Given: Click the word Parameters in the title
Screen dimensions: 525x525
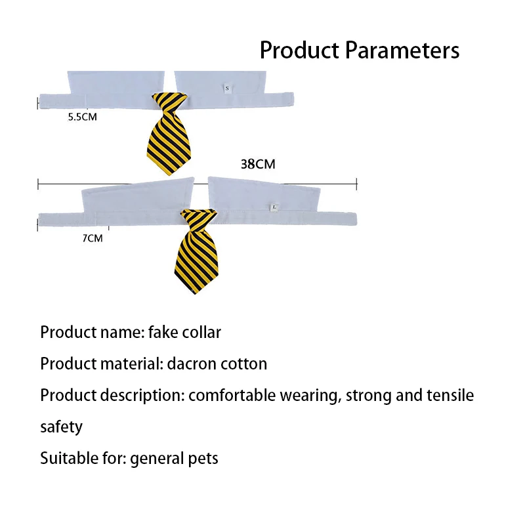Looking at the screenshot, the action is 402,51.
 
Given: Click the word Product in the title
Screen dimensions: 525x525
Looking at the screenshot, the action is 300,51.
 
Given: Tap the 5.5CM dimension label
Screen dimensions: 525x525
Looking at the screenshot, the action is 83,117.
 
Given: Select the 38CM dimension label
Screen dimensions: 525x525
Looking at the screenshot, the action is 258,164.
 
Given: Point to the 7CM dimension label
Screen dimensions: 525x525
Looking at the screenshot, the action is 93,238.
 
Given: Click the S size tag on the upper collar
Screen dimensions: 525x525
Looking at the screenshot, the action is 227,89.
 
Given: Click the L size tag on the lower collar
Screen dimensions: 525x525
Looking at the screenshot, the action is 274,207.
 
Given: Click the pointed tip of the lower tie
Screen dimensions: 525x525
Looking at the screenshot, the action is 195,293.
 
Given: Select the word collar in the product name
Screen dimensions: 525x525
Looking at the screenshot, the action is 201,333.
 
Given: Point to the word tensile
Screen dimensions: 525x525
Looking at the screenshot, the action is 450,396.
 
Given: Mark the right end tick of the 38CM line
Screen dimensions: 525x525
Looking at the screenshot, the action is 357,184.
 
